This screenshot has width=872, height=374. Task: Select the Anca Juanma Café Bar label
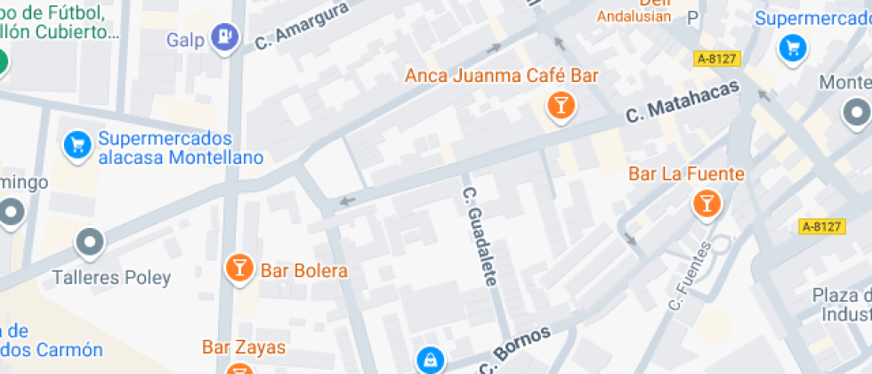[x=502, y=76]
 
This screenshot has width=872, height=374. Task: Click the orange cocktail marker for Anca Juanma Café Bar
[x=561, y=107]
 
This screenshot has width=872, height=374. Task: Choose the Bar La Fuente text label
[x=686, y=175]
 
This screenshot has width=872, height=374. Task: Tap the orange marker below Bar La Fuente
[x=706, y=205]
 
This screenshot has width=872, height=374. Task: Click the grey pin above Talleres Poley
[x=90, y=241]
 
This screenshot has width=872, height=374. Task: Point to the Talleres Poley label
[x=111, y=278]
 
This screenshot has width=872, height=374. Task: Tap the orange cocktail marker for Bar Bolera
[x=239, y=267]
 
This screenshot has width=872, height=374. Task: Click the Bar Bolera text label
[x=303, y=270]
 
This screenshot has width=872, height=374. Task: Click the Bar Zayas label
[x=243, y=347]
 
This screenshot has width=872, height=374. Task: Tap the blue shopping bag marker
[x=431, y=360]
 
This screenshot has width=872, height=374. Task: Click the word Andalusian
[x=633, y=16]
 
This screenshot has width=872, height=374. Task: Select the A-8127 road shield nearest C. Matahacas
[x=717, y=59]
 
